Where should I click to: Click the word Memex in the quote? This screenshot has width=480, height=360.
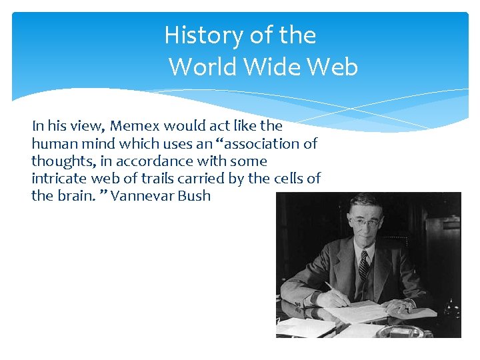(135, 126)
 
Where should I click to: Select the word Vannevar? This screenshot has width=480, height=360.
(142, 196)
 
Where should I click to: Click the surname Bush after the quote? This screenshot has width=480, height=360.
(194, 196)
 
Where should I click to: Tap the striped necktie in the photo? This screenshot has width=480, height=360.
(363, 266)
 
